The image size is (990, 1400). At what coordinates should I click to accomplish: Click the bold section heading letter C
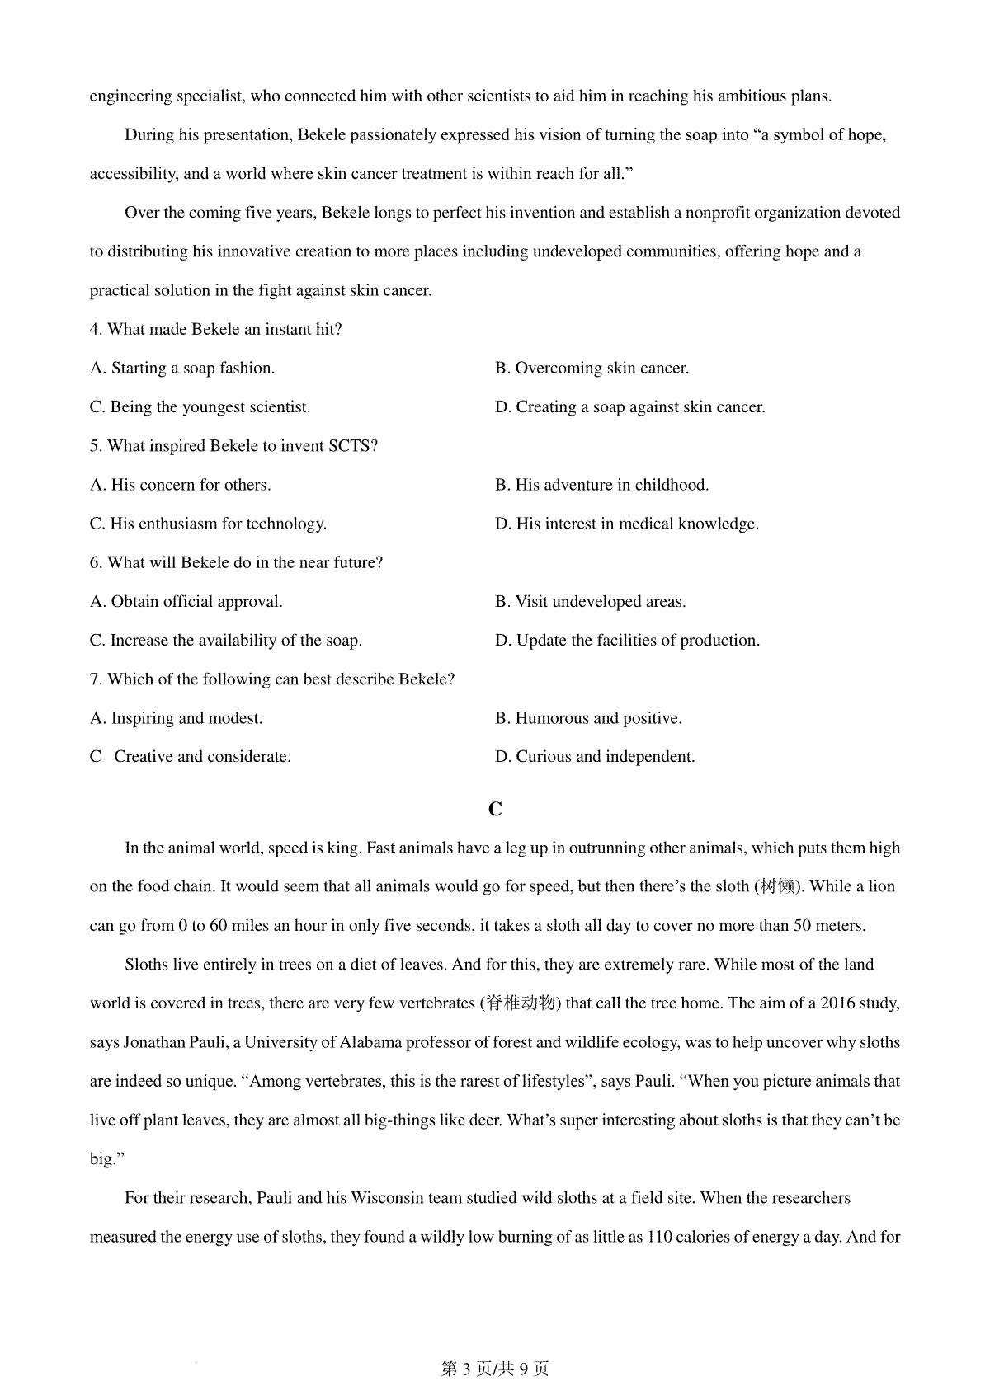pyautogui.click(x=495, y=810)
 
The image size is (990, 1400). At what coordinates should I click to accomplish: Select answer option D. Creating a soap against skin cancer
pyautogui.click(x=629, y=407)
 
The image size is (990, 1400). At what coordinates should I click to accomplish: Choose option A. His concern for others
pyautogui.click(x=180, y=485)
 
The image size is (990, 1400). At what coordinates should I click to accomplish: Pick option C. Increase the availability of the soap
pyautogui.click(x=225, y=641)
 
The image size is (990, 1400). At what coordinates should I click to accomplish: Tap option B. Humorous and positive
pyautogui.click(x=588, y=718)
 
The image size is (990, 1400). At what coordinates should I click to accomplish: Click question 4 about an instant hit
pyautogui.click(x=215, y=330)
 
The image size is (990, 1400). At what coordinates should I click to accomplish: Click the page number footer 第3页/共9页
pyautogui.click(x=495, y=1369)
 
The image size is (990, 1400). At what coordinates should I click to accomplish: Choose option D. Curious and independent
pyautogui.click(x=595, y=757)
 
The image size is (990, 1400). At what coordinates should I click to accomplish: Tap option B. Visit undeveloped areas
pyautogui.click(x=590, y=602)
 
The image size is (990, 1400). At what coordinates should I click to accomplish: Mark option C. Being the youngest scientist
pyautogui.click(x=200, y=407)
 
